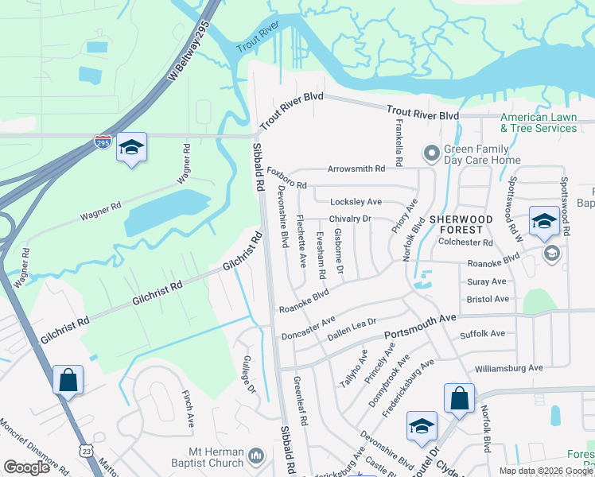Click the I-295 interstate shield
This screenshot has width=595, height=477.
pos(103,143)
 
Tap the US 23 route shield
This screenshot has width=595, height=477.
pos(86,451)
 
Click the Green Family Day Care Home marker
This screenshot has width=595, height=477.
pos(432,152)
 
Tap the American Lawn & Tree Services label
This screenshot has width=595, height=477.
pos(539,122)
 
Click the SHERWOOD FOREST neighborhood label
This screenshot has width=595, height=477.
pos(462,224)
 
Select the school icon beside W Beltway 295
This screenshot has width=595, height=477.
pos(131,148)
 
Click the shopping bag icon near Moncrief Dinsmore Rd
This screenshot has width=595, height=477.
pos(68,380)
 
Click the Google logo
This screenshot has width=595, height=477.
pos(27,467)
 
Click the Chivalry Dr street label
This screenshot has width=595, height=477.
pos(350,219)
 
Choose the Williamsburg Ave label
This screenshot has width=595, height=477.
pos(508,368)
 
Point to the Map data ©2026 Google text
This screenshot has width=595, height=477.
pos(546,471)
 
